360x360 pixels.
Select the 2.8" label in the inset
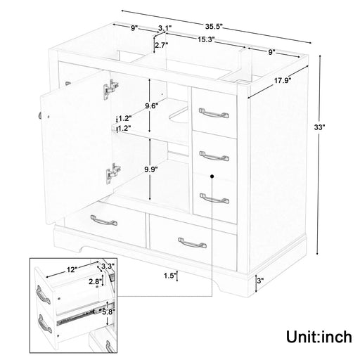point(94,281)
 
